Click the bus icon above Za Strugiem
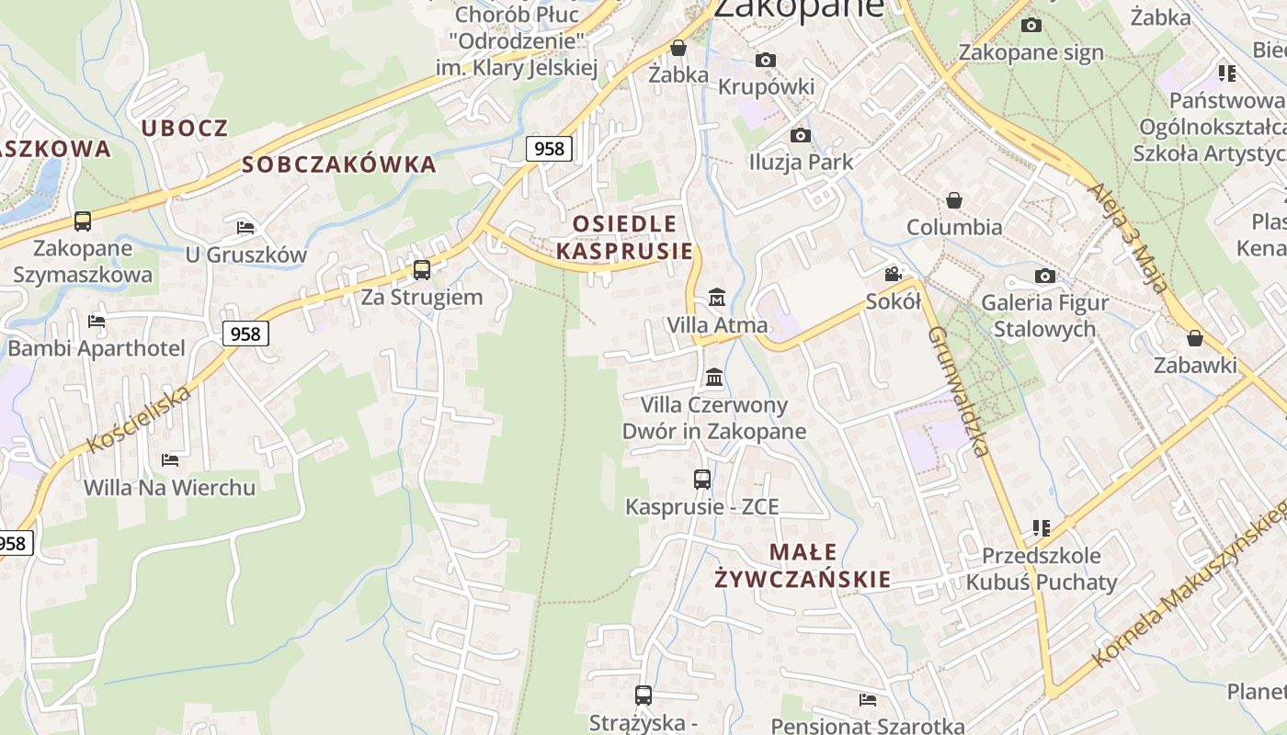pyautogui.click(x=422, y=270)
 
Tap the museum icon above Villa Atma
pyautogui.click(x=717, y=298)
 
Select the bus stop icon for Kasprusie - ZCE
pyautogui.click(x=702, y=479)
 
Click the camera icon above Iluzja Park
pyautogui.click(x=801, y=135)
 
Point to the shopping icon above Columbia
pyautogui.click(x=954, y=200)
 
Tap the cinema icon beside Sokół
pyautogui.click(x=893, y=274)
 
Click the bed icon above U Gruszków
pyautogui.click(x=245, y=227)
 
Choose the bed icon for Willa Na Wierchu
pyautogui.click(x=170, y=459)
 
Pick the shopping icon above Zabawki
pyautogui.click(x=1195, y=339)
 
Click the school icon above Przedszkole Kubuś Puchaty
pyautogui.click(x=1042, y=528)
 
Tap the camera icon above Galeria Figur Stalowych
pyautogui.click(x=1044, y=276)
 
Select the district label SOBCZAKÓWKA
pyautogui.click(x=339, y=164)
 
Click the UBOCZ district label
pyautogui.click(x=184, y=128)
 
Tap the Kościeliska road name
pyautogui.click(x=141, y=419)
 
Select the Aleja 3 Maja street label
pyautogui.click(x=1128, y=238)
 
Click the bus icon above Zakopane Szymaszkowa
pyautogui.click(x=83, y=221)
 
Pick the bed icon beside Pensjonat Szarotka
pyautogui.click(x=868, y=700)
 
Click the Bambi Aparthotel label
pyautogui.click(x=97, y=348)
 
